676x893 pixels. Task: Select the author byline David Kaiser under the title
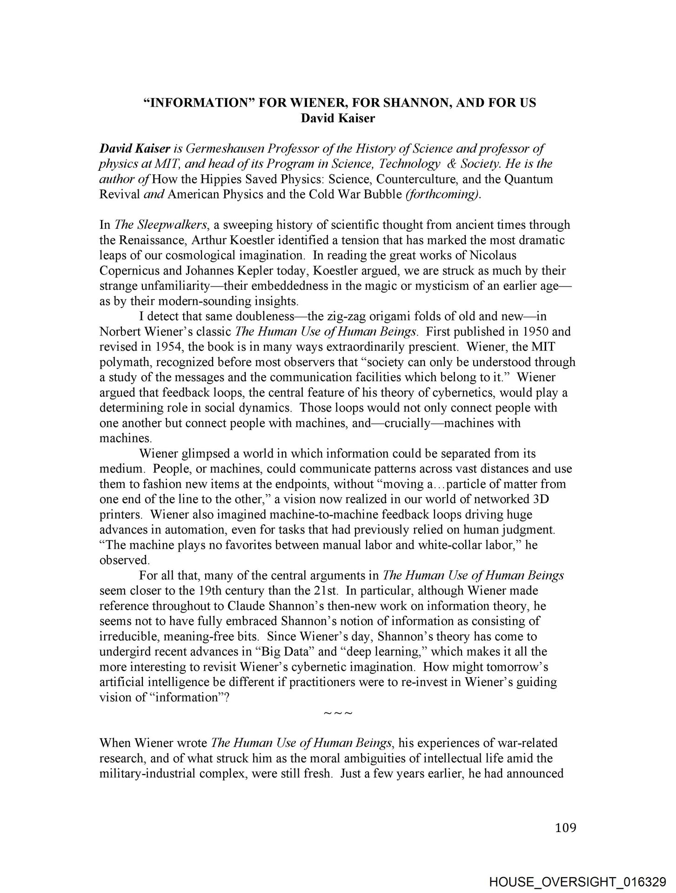coord(338,118)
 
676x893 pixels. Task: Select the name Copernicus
coord(128,271)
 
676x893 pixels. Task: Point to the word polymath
coord(122,362)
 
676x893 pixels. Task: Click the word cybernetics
coord(464,393)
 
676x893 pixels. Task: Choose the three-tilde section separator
coord(338,713)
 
